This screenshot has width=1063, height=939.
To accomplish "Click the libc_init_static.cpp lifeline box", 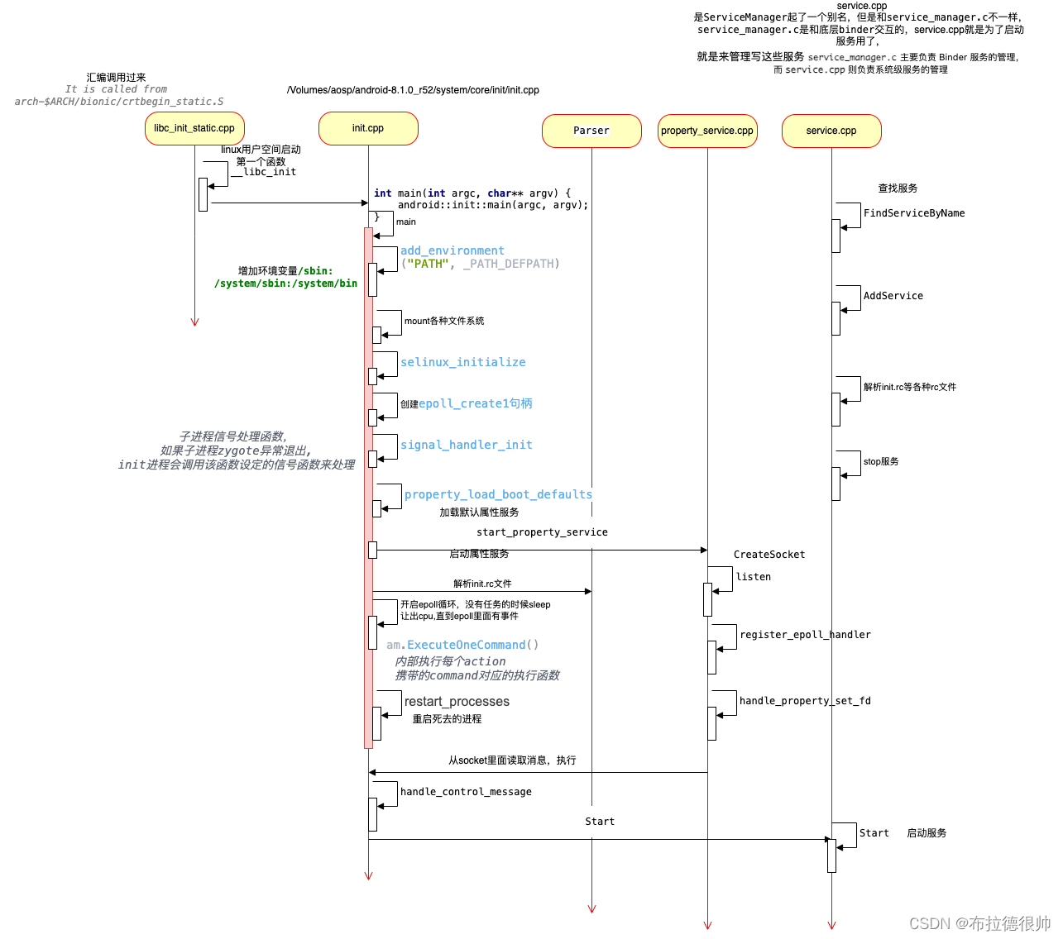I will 194,128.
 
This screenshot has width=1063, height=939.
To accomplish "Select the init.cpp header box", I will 368,128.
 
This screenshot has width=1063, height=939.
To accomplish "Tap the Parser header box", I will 591,131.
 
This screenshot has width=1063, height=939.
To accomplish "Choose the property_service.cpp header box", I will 707,131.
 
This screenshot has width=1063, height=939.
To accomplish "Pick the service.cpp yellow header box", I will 831,131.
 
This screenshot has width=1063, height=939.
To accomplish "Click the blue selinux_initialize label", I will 462,362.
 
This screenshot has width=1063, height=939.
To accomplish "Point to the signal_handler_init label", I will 466,445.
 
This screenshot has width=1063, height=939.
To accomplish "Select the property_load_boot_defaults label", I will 498,494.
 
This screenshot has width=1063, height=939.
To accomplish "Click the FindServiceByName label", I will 914,213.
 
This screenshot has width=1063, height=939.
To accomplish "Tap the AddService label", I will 893,296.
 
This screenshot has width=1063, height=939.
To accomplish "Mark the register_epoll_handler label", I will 805,635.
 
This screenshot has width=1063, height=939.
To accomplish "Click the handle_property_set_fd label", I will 805,701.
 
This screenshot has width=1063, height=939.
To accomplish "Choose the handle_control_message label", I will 466,792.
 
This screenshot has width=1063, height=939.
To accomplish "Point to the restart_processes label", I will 457,702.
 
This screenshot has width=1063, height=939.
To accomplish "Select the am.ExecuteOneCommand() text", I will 462,645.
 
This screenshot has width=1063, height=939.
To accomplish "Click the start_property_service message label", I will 542,532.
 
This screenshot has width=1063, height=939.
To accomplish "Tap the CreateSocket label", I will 769,555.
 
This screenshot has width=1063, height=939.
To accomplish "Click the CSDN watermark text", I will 979,923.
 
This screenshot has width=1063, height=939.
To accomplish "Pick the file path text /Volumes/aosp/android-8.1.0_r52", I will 413,90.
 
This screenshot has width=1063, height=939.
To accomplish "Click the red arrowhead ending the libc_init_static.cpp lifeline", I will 194,322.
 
